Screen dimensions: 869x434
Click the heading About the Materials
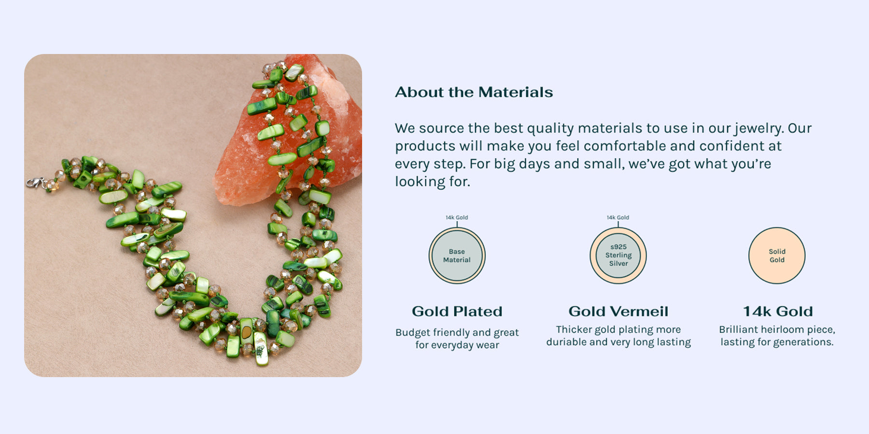474,92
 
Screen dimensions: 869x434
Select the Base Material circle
457,256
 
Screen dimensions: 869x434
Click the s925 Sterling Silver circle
618,256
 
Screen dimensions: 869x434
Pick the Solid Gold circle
777,256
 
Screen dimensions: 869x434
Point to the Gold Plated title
457,312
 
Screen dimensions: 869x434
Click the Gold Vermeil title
618,312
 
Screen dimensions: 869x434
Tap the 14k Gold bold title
778,312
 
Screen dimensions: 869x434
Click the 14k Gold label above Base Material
457,217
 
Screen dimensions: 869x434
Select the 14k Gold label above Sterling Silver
618,217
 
